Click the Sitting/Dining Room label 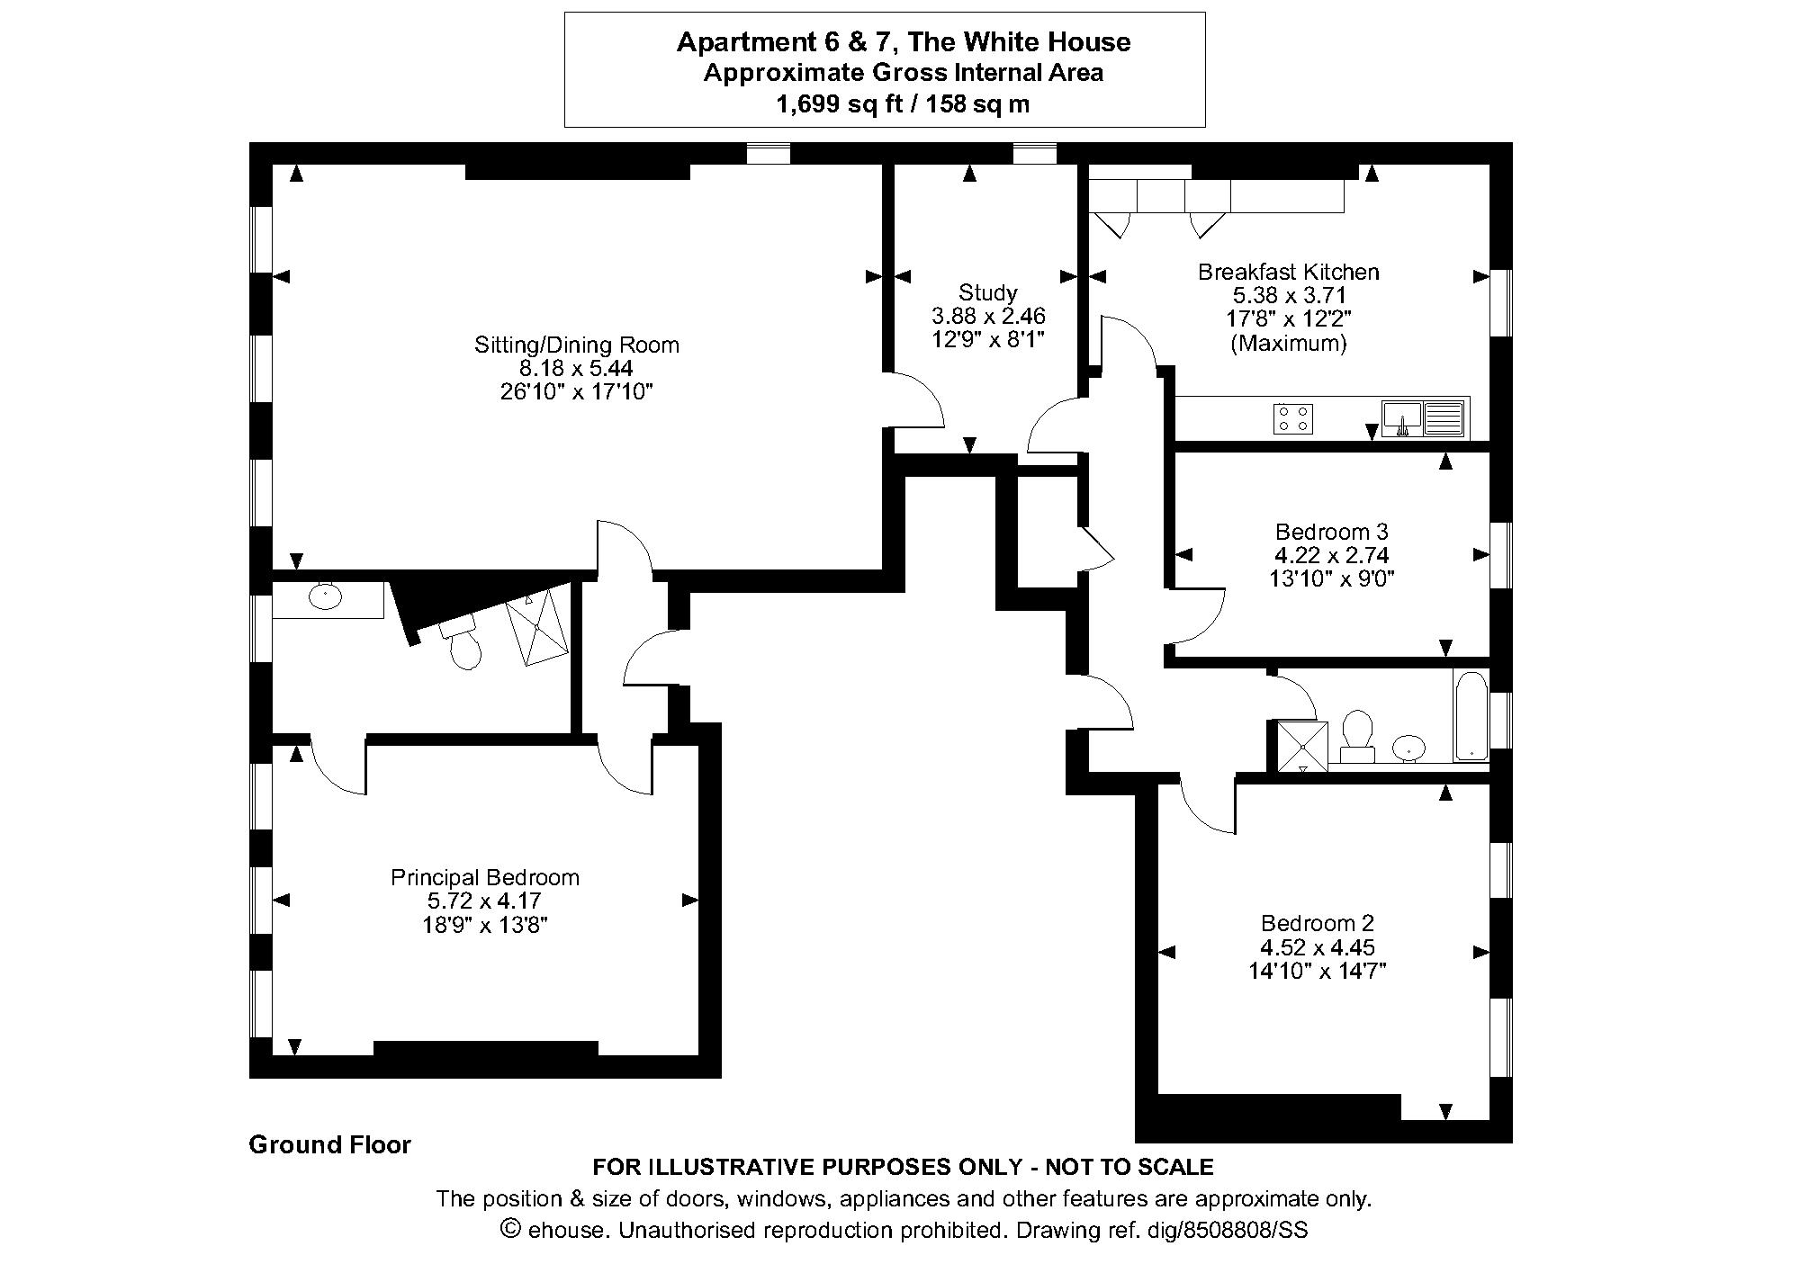tap(576, 345)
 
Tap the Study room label tap(987, 292)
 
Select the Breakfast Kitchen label tap(1288, 272)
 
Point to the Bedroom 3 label tap(1331, 532)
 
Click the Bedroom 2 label tap(1317, 923)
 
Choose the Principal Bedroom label tap(484, 877)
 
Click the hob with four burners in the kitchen tap(1292, 418)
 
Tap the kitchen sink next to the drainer tap(1401, 417)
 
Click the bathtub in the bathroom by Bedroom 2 tap(1471, 715)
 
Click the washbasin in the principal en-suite tap(325, 595)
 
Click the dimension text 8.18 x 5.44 tap(576, 368)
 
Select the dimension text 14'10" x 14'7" tap(1317, 971)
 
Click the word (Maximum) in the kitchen tap(1288, 343)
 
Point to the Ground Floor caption tap(329, 1144)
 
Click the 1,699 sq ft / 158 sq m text tap(902, 104)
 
